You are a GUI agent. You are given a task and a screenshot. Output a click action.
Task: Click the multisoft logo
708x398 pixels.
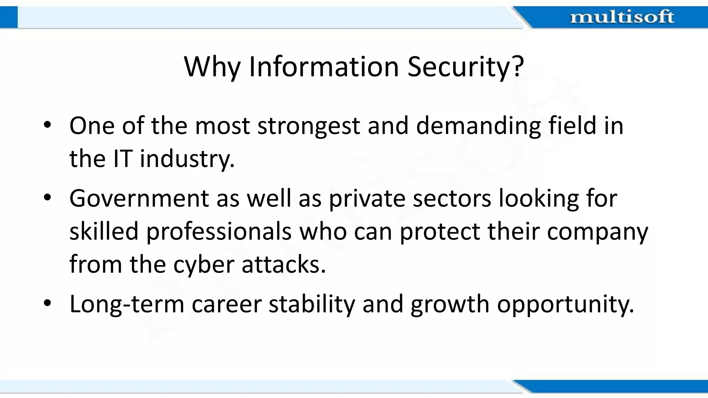point(622,17)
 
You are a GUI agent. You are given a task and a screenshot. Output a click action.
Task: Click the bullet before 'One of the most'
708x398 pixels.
point(47,125)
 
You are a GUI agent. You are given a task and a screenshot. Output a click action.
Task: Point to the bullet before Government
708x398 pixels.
point(47,198)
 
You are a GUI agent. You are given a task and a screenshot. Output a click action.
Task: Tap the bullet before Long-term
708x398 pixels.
point(47,304)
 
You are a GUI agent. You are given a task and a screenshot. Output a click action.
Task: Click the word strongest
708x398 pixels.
point(308,126)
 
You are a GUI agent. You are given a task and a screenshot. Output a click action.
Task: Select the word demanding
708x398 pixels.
point(478,126)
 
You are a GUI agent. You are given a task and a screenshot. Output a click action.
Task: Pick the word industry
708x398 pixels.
point(187,159)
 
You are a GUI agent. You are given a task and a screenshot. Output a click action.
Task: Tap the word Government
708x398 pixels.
point(139,198)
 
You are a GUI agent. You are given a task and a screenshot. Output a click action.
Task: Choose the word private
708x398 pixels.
point(366,199)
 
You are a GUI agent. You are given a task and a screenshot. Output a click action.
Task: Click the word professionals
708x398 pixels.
point(218,231)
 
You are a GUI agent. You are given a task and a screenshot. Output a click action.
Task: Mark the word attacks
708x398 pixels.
point(283,265)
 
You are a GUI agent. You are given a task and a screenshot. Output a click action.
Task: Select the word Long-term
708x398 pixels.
point(127,304)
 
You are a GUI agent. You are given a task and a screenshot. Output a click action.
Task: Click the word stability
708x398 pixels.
point(312,304)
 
